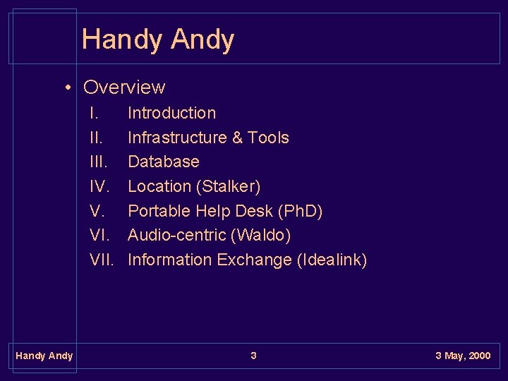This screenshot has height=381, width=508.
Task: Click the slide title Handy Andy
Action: coord(157,40)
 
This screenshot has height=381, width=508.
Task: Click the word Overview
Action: coord(124,87)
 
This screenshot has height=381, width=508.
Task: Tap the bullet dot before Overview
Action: coord(68,88)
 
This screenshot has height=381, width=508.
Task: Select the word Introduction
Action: coord(171,113)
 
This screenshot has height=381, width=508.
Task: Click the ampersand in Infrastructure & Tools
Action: coord(238,138)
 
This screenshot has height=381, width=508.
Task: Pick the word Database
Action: coord(163,162)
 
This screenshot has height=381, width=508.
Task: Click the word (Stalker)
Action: coord(229,187)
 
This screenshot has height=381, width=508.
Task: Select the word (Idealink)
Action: coord(332,260)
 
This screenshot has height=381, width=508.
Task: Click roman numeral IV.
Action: coord(99,187)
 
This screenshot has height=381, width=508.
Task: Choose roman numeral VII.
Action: coord(102,260)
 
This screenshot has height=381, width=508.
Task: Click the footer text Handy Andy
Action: coord(44,356)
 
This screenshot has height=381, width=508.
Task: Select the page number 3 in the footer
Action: coord(253,356)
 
